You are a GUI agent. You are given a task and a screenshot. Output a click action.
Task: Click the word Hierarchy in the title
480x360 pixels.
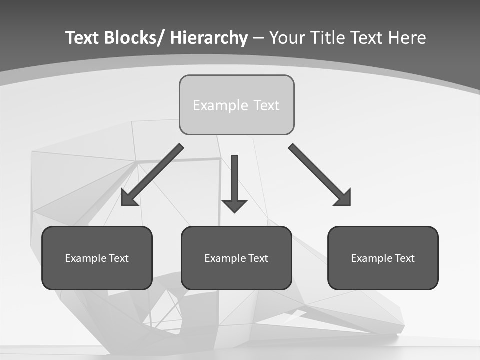(x=209, y=38)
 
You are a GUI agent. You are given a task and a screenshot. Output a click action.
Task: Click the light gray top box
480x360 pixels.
(x=236, y=105)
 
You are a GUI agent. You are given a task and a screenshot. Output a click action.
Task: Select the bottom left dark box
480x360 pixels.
(x=97, y=258)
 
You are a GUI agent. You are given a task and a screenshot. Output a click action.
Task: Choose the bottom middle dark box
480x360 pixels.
(x=236, y=258)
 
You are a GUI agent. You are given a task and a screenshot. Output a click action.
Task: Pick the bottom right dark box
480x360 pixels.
(x=383, y=258)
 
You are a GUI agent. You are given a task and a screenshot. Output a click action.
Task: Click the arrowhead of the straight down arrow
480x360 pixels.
(x=234, y=205)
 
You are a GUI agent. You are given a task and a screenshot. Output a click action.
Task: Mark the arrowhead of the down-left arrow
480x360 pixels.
(x=129, y=199)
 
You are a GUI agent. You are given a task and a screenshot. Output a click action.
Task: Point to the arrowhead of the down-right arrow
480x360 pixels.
(x=343, y=198)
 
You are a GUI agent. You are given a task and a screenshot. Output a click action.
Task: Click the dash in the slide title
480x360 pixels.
(x=258, y=38)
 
